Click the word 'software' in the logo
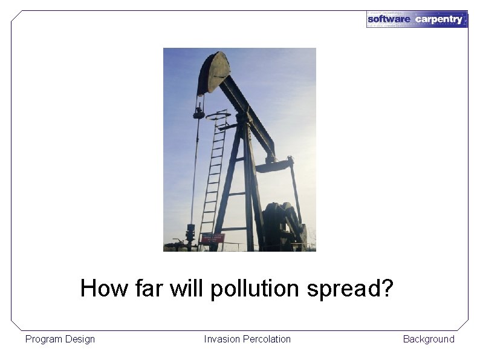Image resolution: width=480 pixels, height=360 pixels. point(389,19)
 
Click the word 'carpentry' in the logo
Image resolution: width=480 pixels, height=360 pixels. point(438,19)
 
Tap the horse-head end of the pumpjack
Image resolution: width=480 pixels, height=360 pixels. point(213,72)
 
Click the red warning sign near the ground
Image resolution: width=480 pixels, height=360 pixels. point(212,238)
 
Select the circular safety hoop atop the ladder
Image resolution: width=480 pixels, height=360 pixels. point(217,115)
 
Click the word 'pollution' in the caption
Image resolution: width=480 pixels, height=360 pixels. point(255,289)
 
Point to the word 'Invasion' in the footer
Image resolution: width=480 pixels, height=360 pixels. point(222,339)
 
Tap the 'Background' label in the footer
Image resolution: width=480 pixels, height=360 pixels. point(429,339)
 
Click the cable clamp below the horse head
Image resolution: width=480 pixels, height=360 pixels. point(198,111)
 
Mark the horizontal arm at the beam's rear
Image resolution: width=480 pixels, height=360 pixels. point(273,165)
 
